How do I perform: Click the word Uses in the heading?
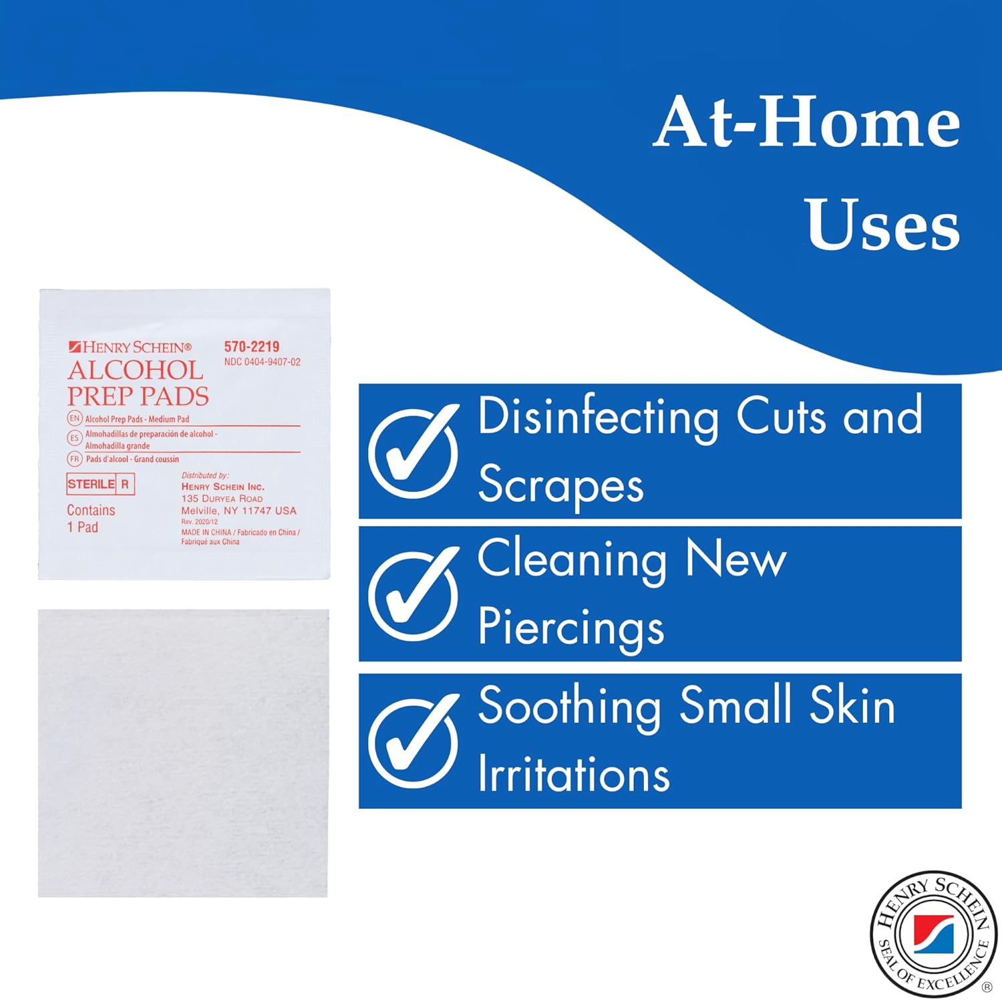click(883, 225)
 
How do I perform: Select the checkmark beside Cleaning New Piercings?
click(414, 594)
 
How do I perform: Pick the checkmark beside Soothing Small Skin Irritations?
click(414, 741)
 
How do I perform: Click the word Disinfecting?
click(598, 417)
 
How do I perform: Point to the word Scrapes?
click(561, 485)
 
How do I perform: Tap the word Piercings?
click(571, 628)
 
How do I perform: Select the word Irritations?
click(574, 775)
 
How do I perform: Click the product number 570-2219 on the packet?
click(252, 346)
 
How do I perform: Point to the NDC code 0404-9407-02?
click(263, 362)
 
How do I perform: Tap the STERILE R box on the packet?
click(101, 484)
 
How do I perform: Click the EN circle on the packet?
click(74, 418)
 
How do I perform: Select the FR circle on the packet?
click(74, 459)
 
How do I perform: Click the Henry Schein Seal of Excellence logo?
click(933, 934)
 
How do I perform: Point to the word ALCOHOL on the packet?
click(136, 370)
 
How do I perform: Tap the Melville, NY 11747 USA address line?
click(238, 511)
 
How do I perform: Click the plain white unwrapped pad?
click(183, 753)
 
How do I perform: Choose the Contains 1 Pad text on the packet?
click(91, 519)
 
